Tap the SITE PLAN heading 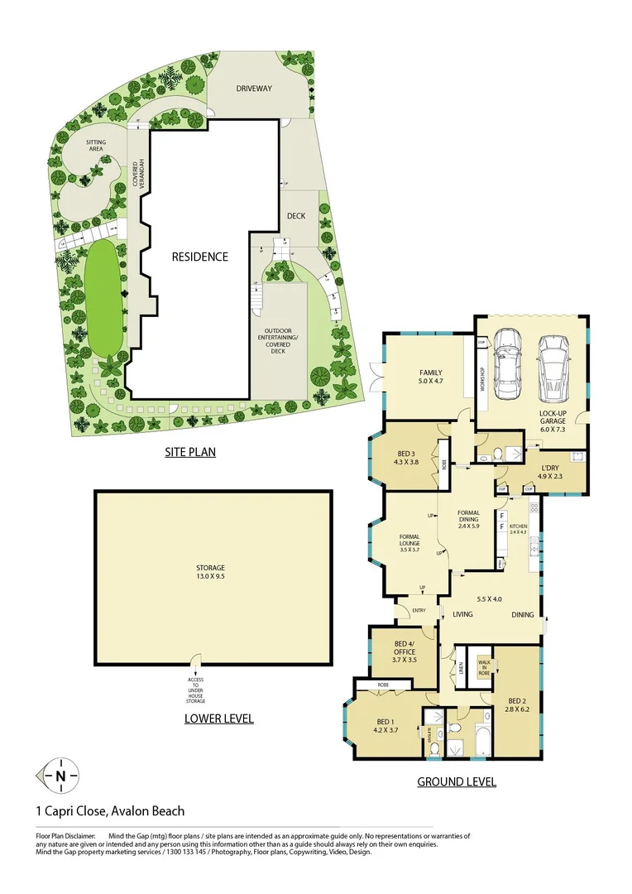coord(189,453)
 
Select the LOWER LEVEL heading coord(218,719)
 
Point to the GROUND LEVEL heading coord(456,781)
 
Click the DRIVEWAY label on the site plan coord(254,89)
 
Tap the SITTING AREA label coord(96,146)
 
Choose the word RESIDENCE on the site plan coord(199,257)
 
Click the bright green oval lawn coord(103,296)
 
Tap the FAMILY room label coord(430,377)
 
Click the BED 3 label coord(406,456)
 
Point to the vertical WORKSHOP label coord(482,386)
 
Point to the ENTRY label coord(419,611)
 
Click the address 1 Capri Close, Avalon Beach coord(110,811)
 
